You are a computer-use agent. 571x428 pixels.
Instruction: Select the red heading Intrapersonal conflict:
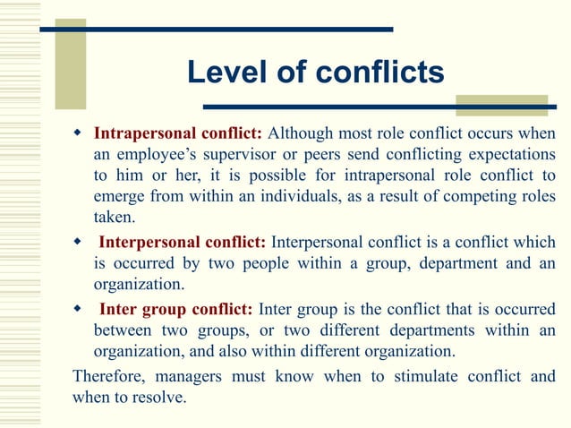pos(178,134)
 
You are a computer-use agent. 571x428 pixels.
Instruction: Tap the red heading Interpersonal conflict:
pos(182,243)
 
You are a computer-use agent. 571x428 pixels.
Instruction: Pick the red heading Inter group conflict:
pos(175,310)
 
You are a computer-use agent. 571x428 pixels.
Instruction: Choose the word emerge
pos(120,197)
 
